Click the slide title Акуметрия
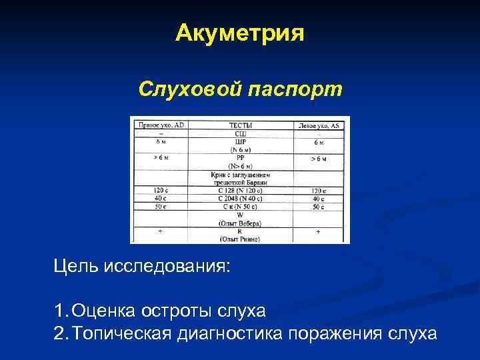240,33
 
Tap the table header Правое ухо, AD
161,125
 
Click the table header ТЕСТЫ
240,125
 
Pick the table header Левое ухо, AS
319,125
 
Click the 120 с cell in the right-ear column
161,190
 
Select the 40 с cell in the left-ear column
319,198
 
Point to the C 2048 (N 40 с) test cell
240,198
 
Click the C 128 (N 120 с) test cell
240,190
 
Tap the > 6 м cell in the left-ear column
319,159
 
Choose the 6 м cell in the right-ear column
161,141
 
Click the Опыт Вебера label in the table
240,222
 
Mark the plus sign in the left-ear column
318,231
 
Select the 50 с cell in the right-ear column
161,206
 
